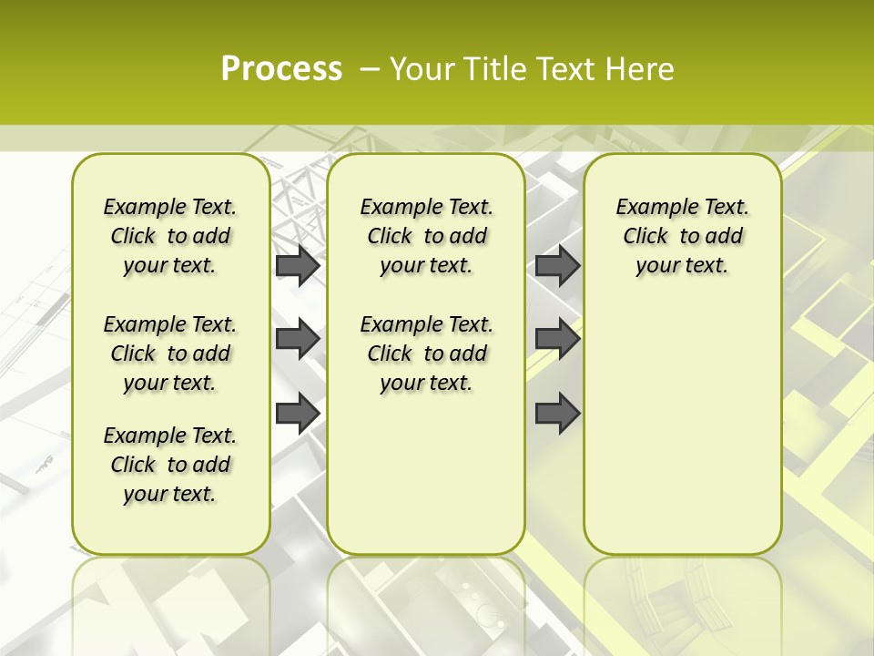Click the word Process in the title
pos(281,69)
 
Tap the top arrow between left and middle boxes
pos(298,266)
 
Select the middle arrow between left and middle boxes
pos(298,339)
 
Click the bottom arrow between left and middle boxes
pos(298,413)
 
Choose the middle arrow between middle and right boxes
pos(557,339)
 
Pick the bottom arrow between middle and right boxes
pos(557,413)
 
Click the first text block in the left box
pos(170,236)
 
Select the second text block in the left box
pos(170,354)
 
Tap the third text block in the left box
pos(170,465)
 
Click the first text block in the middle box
pos(427,236)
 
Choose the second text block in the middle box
pos(427,354)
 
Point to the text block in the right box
pos(683,236)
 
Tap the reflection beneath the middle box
pos(426,601)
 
